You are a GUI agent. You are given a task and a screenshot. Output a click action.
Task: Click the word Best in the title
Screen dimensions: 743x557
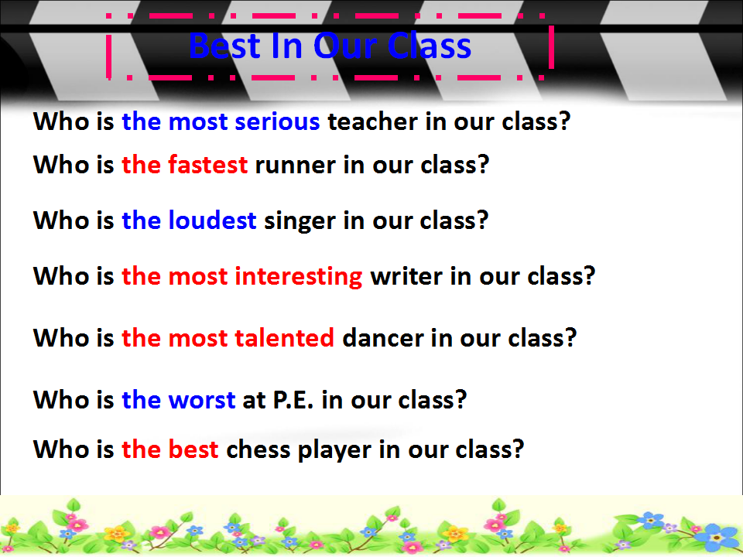225,46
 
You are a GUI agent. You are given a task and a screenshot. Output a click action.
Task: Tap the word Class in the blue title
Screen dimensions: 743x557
430,46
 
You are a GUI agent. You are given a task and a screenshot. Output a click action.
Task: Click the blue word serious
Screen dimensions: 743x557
277,121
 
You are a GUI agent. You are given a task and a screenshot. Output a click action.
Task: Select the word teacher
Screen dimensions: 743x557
373,121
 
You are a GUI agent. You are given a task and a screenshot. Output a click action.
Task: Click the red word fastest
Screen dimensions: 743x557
208,165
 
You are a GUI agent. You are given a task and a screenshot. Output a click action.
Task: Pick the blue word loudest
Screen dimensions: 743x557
212,220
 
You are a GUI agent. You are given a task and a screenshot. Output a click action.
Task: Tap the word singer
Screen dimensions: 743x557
300,221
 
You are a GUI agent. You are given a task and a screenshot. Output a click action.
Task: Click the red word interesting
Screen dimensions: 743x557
299,277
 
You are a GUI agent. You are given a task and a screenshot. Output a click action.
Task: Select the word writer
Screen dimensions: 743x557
406,276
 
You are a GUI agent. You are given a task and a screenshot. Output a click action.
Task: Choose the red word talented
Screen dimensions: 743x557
284,338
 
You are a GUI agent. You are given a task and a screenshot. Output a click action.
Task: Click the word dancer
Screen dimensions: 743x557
382,338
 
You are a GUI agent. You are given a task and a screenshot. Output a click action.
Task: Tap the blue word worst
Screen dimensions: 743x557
202,400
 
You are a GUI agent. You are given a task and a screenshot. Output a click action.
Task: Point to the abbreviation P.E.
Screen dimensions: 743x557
293,400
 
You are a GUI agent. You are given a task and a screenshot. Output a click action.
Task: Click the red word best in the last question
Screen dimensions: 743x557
193,449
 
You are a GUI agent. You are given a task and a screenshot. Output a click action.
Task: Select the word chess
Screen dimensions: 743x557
259,449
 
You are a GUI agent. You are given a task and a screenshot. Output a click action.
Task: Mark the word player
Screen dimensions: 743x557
334,450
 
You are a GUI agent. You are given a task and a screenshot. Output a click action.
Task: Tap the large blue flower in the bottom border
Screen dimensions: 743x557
717,538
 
